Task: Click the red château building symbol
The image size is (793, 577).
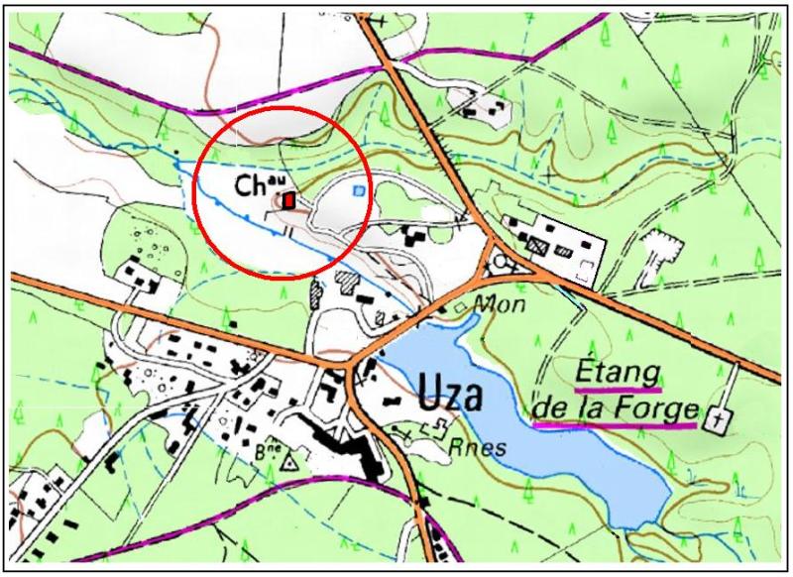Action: [x=288, y=200]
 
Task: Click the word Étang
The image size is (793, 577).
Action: [x=618, y=373]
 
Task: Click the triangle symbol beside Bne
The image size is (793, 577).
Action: [x=290, y=462]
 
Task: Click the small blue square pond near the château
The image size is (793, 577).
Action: [x=360, y=188]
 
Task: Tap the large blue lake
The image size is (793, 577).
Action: [x=555, y=436]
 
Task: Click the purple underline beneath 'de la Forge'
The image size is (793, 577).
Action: [x=615, y=424]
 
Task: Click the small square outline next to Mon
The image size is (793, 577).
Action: [x=459, y=308]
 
